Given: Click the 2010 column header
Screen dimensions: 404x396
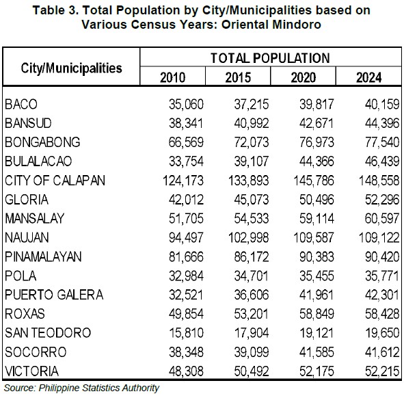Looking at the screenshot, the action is click(x=173, y=77).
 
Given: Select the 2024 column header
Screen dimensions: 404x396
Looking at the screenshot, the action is click(x=368, y=77).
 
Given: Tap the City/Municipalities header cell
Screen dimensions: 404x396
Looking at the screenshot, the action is click(x=71, y=68).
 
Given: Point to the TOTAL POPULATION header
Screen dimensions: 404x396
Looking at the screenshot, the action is click(x=270, y=58).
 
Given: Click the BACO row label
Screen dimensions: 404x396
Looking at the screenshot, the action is click(x=21, y=105).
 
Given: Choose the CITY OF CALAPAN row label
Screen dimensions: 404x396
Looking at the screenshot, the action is click(x=55, y=180).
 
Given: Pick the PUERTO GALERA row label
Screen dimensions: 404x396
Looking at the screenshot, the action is click(x=54, y=295).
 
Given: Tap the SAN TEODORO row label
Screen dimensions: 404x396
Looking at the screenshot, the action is click(x=48, y=332).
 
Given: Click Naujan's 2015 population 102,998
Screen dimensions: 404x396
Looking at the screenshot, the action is click(x=248, y=238).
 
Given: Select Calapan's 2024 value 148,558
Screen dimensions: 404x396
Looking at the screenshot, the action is click(x=379, y=181).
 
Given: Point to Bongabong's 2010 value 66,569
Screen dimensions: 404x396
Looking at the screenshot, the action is click(x=186, y=142).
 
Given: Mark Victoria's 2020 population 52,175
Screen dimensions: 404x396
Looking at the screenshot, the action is click(x=317, y=371).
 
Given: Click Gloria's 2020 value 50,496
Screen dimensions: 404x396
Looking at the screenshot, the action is click(x=317, y=200).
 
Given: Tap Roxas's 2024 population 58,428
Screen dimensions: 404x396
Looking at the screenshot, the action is click(x=382, y=314).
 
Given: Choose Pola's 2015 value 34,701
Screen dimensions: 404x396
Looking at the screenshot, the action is click(x=252, y=276).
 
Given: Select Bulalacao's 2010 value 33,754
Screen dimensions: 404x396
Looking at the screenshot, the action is click(x=186, y=161).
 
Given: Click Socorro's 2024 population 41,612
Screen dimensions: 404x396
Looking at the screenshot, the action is click(x=382, y=352).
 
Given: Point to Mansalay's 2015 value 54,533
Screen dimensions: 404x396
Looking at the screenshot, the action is click(x=252, y=219).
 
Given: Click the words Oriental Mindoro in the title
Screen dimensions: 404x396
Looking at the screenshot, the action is click(x=271, y=25).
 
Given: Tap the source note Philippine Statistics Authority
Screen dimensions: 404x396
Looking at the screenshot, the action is click(x=98, y=388).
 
